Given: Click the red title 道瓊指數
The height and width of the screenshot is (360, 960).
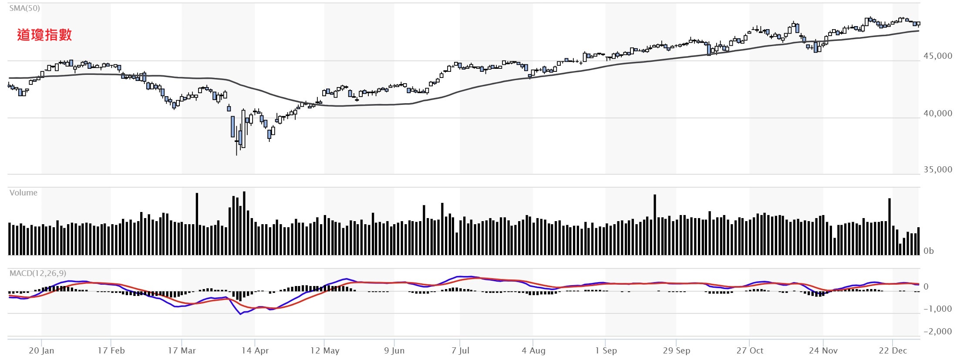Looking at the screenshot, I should [x=44, y=35].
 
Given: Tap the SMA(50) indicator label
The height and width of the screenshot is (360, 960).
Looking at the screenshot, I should [x=24, y=8].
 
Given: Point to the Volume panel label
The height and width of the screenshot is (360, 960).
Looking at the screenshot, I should [x=24, y=193].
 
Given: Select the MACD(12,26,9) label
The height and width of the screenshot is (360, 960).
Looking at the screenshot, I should [x=38, y=273].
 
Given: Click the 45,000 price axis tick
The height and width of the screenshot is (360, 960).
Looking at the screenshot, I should [x=938, y=56].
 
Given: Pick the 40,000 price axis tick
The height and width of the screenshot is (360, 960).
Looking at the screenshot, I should [x=938, y=114].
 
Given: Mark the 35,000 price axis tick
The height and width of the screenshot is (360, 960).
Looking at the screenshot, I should [x=938, y=170].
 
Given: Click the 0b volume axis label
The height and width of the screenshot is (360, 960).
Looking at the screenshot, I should [x=929, y=251].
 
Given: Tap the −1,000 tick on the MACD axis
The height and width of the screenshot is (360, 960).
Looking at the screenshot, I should [x=937, y=309].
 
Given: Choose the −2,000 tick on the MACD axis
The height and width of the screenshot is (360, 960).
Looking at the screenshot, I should [x=937, y=332].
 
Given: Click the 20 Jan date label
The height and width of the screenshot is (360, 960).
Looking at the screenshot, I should [x=41, y=351].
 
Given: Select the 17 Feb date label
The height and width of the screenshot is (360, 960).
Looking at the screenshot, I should [x=111, y=351].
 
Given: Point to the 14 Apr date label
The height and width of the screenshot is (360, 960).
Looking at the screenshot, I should [x=255, y=351].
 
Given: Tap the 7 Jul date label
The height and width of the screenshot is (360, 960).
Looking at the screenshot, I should [x=460, y=351].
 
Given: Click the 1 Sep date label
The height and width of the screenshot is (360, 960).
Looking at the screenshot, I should [x=606, y=351].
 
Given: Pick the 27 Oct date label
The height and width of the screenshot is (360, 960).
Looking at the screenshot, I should [x=750, y=351].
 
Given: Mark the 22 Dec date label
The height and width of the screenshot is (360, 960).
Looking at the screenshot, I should [x=893, y=351].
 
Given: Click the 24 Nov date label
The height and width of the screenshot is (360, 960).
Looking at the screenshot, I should [x=823, y=351].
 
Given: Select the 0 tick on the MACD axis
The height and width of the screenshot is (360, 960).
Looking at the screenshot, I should [x=926, y=287].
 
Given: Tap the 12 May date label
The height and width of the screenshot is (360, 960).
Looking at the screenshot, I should [x=324, y=351].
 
